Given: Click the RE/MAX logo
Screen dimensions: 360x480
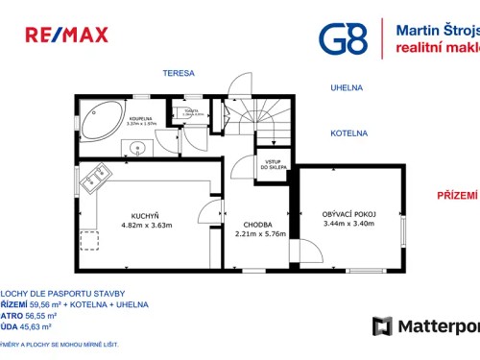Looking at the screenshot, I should click(65, 36).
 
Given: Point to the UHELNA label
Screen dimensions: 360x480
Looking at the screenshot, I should click(346, 87).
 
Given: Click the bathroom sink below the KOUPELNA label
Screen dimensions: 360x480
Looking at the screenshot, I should click(137, 148).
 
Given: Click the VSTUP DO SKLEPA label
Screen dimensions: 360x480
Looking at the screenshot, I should click(273, 165).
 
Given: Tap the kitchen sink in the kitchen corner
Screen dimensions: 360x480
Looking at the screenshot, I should click(97, 180).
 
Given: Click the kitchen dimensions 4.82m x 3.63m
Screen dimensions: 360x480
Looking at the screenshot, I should click(146, 226).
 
